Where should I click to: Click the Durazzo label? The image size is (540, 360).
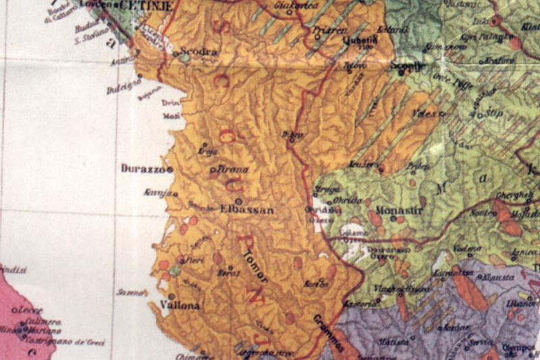pyautogui.click(x=142, y=169)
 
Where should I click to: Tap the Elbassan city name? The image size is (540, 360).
pyautogui.click(x=248, y=211)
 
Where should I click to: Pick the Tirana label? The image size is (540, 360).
pyautogui.click(x=234, y=170)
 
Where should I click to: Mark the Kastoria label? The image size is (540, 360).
pyautogui.click(x=357, y=305)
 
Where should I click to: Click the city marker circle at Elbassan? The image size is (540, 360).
pyautogui.click(x=238, y=201)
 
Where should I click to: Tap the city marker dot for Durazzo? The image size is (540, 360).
pyautogui.click(x=169, y=169)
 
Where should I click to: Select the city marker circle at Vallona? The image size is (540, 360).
pyautogui.click(x=171, y=297)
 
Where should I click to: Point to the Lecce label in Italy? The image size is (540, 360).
pyautogui.click(x=32, y=310)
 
